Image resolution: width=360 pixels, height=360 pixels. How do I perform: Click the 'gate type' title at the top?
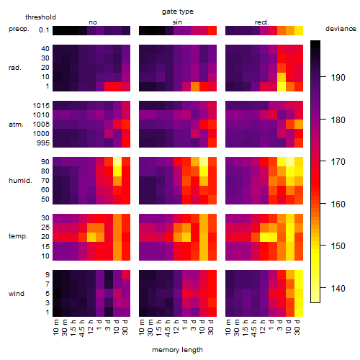point(178,12)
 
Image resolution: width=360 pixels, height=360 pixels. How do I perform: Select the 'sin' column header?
point(177,22)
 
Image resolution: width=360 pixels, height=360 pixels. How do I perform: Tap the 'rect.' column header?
point(262,22)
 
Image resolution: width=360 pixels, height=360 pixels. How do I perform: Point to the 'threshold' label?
point(40,17)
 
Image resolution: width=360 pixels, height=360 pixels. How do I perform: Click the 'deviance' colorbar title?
point(341,29)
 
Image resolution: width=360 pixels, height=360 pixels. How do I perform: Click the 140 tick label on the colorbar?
point(338,288)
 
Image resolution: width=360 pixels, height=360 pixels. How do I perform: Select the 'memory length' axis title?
point(177,350)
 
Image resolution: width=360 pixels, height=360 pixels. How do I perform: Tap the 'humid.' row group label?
point(20,181)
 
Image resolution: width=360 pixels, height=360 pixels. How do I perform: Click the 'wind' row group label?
point(17,294)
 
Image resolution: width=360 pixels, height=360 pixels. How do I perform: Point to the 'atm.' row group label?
point(16,125)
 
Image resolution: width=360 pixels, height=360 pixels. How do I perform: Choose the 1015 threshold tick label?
point(41,105)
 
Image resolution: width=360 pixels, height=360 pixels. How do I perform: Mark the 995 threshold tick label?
point(43,143)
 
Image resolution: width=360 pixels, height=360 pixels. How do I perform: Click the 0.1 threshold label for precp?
point(44,30)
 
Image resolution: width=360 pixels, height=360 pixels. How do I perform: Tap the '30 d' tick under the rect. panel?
point(297,327)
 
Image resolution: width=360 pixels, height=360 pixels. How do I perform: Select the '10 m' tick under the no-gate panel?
point(55,328)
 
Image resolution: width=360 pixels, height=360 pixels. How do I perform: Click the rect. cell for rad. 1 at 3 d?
point(282,86)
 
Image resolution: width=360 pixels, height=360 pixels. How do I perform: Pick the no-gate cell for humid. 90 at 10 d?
point(117,161)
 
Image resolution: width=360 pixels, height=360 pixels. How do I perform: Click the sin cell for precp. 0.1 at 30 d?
point(212,30)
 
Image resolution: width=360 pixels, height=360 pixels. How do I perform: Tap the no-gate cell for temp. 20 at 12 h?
point(91,237)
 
